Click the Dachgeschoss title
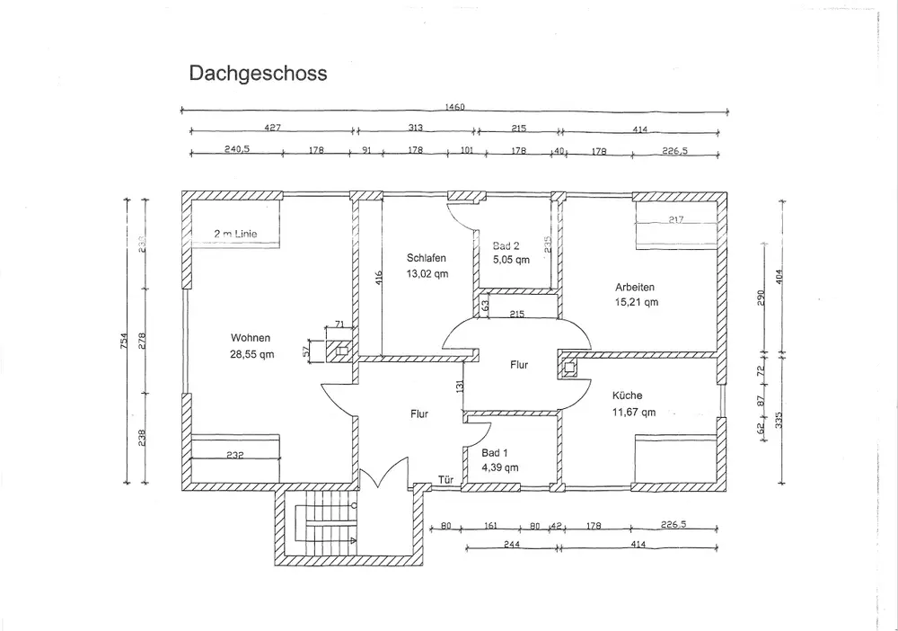257,73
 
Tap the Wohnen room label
251,338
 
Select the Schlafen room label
427,258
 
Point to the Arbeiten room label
635,287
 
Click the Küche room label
628,395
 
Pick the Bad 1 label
495,452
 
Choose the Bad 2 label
506,245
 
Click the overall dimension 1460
454,107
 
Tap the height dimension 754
126,342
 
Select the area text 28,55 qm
251,354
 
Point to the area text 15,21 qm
637,303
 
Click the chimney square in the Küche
568,367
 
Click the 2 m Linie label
235,234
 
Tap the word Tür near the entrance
446,479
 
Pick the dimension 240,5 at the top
237,151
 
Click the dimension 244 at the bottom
511,545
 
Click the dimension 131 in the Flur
459,387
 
